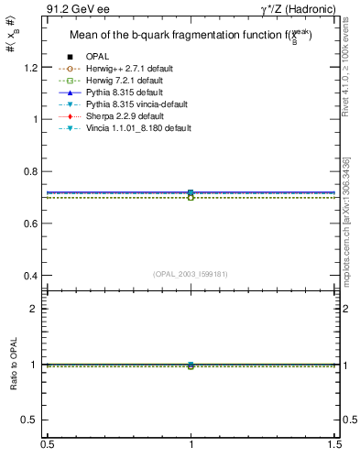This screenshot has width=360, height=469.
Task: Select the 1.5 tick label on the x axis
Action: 335,445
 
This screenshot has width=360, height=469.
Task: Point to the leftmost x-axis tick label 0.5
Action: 46,445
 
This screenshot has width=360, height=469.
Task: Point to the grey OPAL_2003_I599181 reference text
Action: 191,273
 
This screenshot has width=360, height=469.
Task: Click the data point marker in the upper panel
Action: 191,193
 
